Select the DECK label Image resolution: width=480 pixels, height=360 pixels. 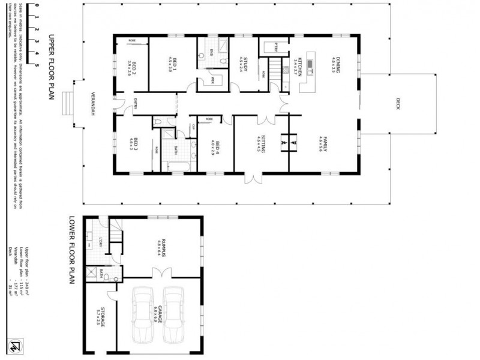[398, 104]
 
